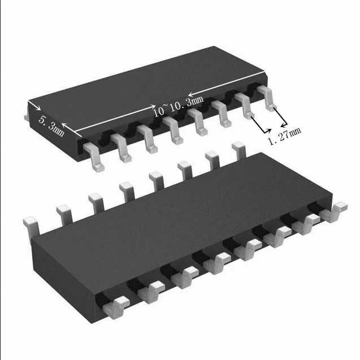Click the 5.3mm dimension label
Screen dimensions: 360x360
(x=51, y=126)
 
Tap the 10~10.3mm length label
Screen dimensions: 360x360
(x=179, y=106)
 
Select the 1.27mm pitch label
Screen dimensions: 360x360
(x=285, y=136)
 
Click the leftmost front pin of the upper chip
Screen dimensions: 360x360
(x=94, y=157)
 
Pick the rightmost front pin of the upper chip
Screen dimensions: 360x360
(x=267, y=98)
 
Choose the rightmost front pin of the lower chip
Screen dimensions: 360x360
(x=333, y=212)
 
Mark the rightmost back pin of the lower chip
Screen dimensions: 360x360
(x=239, y=150)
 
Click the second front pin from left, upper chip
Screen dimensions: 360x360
(x=121, y=148)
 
